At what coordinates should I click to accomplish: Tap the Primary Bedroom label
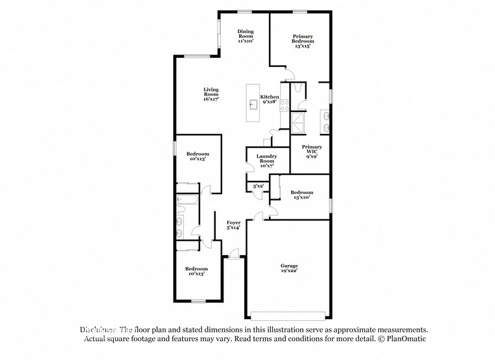click(302, 41)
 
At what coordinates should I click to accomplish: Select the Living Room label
click(210, 94)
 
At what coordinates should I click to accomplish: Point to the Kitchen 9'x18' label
click(270, 99)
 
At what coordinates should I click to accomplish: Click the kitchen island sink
click(253, 103)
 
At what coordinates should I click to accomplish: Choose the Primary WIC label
click(311, 152)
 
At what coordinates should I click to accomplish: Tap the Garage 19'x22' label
click(289, 268)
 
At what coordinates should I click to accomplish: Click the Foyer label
click(233, 225)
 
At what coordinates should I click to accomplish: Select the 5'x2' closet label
click(258, 186)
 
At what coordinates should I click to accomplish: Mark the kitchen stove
click(284, 104)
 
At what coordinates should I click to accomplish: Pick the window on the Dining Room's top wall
click(245, 10)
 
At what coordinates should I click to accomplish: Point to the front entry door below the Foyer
click(233, 255)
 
